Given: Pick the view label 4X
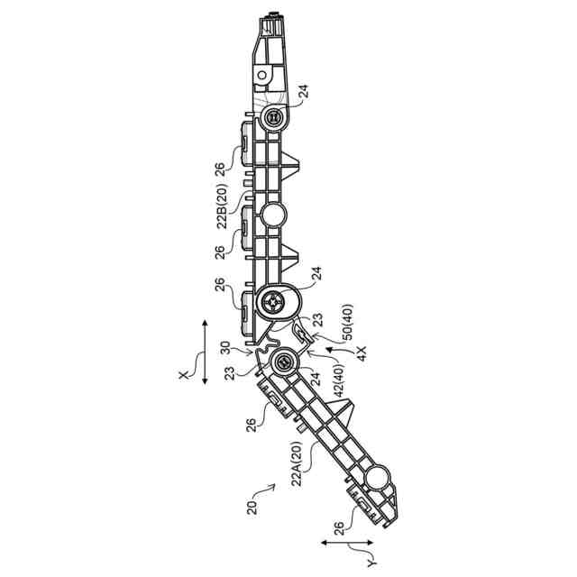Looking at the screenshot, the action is (x=360, y=353).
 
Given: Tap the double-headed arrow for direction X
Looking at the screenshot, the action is (x=206, y=352).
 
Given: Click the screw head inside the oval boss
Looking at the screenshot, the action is (x=273, y=304).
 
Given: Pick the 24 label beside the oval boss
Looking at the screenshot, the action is (x=316, y=270).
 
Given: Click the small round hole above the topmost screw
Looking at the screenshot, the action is (x=261, y=74).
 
